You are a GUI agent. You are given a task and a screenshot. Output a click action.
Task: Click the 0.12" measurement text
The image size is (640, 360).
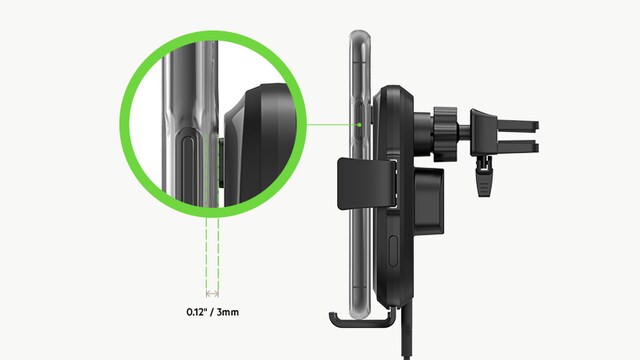click(196, 312)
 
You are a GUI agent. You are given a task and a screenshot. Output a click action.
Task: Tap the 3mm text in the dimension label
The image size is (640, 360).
click(228, 312)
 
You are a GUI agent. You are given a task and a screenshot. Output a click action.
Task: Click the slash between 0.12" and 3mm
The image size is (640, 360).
click(211, 312)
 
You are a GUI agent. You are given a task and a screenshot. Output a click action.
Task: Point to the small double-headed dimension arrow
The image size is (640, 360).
click(212, 293)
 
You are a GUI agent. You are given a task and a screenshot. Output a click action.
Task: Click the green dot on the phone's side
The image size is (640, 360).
click(360, 124)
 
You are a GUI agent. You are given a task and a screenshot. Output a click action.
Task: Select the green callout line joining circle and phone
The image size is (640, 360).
click(332, 124)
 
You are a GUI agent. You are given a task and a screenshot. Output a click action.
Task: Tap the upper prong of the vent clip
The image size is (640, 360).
click(517, 123)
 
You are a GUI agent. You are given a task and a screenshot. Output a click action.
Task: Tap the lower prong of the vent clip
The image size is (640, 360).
click(517, 146)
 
